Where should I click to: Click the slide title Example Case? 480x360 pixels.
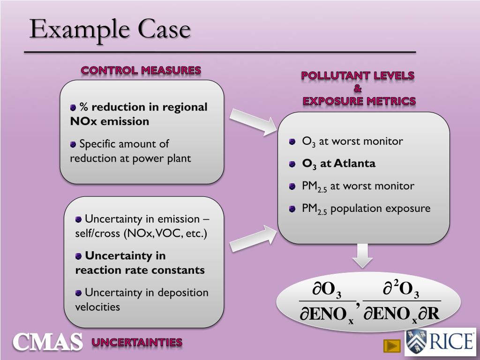point(110,29)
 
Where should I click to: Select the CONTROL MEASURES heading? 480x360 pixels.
point(141,70)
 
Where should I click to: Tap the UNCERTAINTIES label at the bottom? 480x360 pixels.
point(137,342)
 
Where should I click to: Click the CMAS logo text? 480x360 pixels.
point(47,342)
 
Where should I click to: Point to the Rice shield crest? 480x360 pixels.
point(416,342)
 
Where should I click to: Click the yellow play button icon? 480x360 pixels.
point(391,346)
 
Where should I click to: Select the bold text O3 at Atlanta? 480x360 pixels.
point(338,164)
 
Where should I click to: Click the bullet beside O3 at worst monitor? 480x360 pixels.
point(292,142)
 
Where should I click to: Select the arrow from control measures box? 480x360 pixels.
point(253,121)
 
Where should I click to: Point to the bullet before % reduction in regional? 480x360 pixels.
point(73,108)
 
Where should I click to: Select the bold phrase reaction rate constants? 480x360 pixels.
point(140,270)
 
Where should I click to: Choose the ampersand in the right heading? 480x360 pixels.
point(358,88)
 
